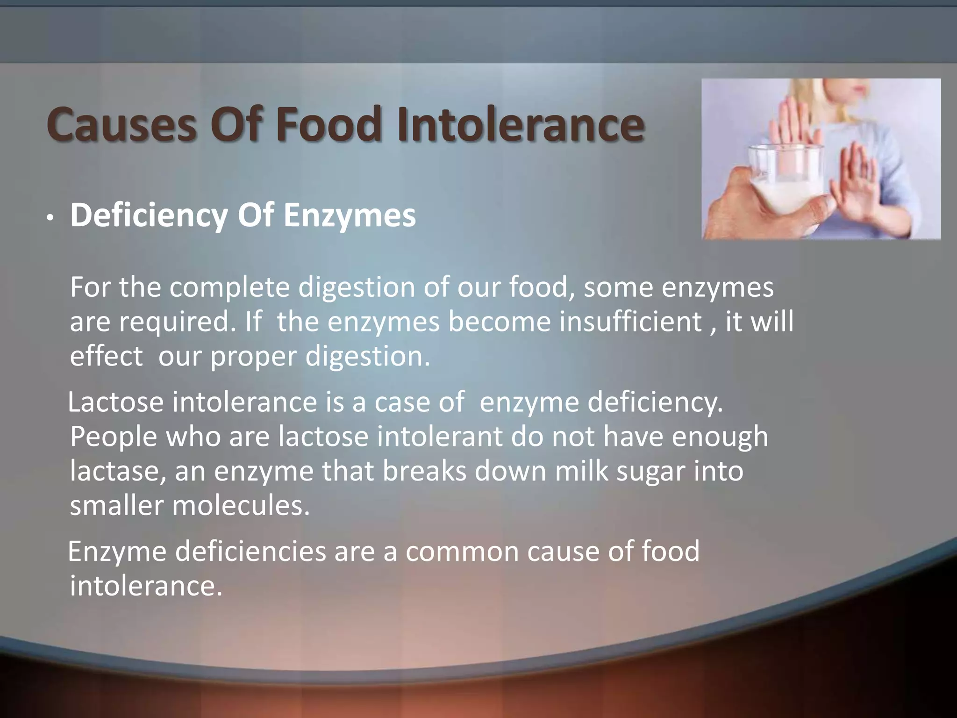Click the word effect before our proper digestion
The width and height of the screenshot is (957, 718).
click(106, 356)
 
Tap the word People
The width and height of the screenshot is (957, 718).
click(114, 437)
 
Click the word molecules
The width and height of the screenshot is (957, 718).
click(241, 506)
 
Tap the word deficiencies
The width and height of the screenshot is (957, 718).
click(250, 552)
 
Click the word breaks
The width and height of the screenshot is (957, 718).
click(425, 471)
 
